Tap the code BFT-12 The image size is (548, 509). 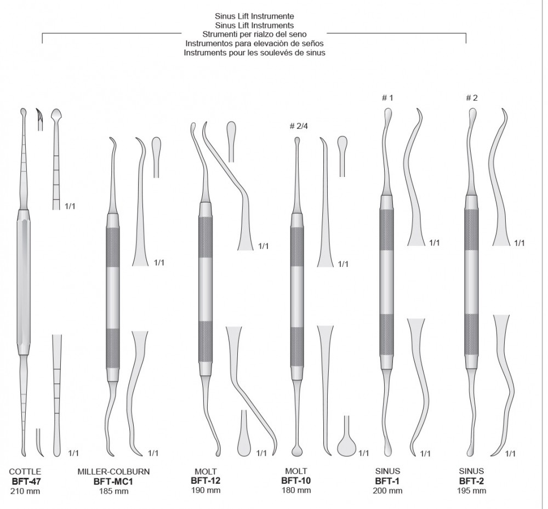(206, 481)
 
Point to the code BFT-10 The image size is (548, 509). (296, 481)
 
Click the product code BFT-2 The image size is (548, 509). (471, 482)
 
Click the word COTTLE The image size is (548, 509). (25, 472)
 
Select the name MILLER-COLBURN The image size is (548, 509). (113, 472)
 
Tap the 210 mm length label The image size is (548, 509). (25, 491)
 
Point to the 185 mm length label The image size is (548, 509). (113, 491)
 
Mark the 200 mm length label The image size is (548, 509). (388, 491)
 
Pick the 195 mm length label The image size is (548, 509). (471, 491)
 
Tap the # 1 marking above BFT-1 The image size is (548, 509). (388, 98)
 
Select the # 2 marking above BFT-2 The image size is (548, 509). (471, 98)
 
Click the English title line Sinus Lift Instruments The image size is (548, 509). (255, 25)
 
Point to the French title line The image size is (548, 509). (255, 53)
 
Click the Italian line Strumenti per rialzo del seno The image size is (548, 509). (255, 34)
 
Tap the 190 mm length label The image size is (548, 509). (206, 490)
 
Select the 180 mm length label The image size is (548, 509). (296, 490)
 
